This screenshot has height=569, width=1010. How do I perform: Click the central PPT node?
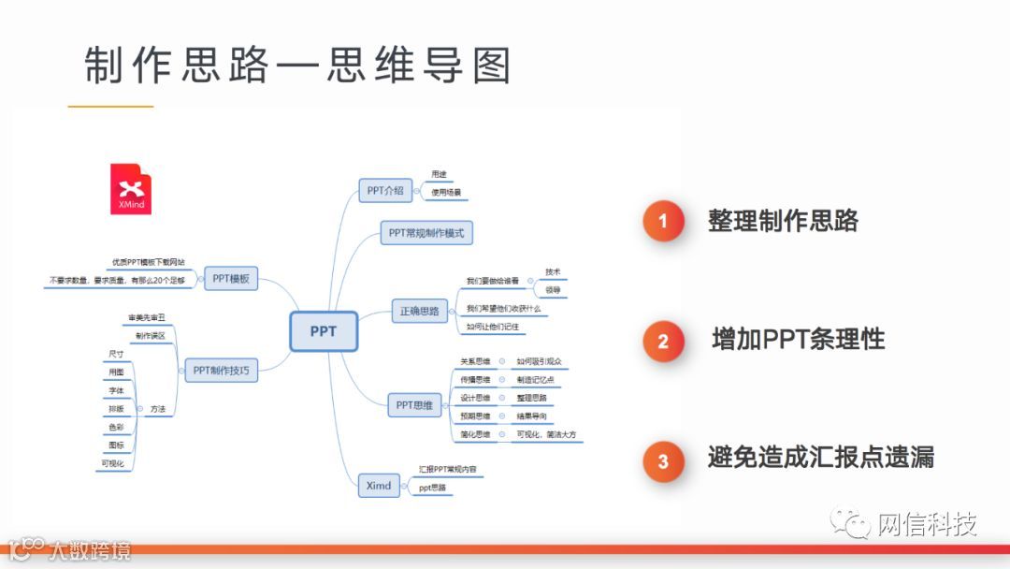click(x=324, y=331)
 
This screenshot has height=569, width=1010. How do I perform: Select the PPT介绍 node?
click(x=385, y=190)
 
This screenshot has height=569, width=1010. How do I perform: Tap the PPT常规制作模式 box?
click(x=426, y=233)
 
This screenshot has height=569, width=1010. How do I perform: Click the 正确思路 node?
click(x=420, y=311)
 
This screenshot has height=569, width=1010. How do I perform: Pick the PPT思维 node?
click(x=414, y=405)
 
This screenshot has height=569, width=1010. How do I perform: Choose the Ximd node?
click(x=379, y=485)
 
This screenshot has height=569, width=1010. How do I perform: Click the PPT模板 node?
click(x=230, y=278)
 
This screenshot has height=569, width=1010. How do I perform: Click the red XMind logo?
click(x=131, y=189)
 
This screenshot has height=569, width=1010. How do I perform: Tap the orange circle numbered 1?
click(x=663, y=222)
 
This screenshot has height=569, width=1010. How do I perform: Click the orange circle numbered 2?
click(x=663, y=341)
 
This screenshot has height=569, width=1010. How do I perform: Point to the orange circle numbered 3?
click(x=663, y=460)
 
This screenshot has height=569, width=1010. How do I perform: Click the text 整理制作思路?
click(x=783, y=221)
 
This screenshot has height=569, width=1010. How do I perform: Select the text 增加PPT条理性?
click(x=798, y=339)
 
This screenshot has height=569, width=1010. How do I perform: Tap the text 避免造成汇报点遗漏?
click(x=820, y=458)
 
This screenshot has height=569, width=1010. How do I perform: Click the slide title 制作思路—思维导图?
click(x=298, y=66)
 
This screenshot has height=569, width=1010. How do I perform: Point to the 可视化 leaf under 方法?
click(x=113, y=463)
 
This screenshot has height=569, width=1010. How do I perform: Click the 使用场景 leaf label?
click(x=445, y=193)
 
